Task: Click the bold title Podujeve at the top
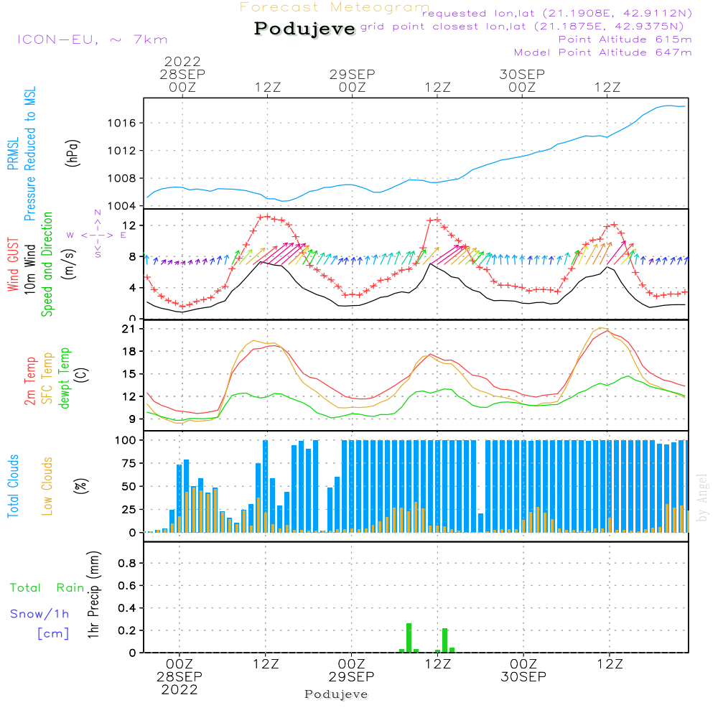tap(305, 29)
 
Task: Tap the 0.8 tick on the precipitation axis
tap(124, 563)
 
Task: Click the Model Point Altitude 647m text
tap(602, 52)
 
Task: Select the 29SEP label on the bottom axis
tap(352, 677)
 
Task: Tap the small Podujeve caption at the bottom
tap(336, 694)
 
